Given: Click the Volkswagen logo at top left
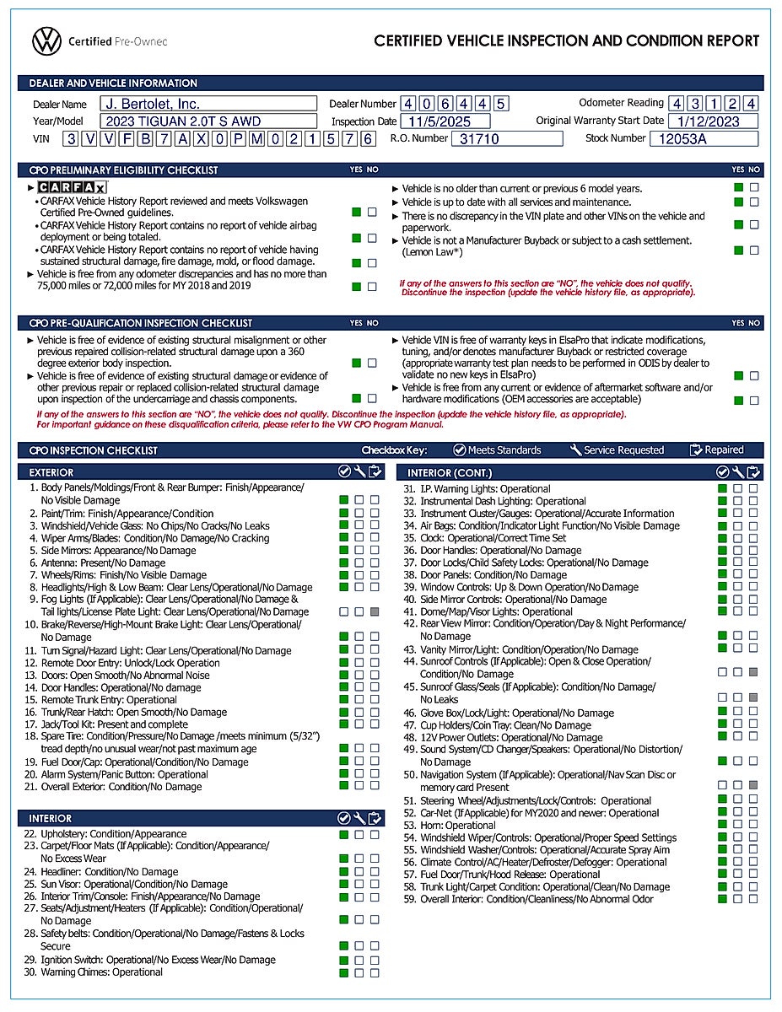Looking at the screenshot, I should pos(47,40).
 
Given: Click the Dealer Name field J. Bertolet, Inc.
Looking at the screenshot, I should pos(208,104).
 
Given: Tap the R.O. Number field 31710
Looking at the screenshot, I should pos(507,139).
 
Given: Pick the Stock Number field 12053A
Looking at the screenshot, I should pos(704,139).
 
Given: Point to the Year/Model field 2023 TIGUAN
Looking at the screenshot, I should pos(208,121).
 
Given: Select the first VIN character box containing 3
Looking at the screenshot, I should pos(73,139).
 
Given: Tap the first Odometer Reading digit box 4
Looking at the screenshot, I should pos(677,104).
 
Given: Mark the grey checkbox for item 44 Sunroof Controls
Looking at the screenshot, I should pos(753,672).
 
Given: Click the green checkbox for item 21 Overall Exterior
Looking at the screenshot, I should pos(343,786).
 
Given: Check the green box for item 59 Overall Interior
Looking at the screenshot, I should pos(722,899).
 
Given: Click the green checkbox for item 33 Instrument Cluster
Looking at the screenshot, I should pos(722,513).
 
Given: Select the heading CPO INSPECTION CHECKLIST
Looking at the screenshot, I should pos(94,450).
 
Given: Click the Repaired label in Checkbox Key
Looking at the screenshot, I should pos(725,450).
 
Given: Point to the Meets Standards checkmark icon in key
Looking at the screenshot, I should pos(459,450).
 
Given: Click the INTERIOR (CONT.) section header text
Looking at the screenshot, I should pos(450,473).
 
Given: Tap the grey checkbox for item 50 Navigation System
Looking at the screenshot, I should pos(753,785).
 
